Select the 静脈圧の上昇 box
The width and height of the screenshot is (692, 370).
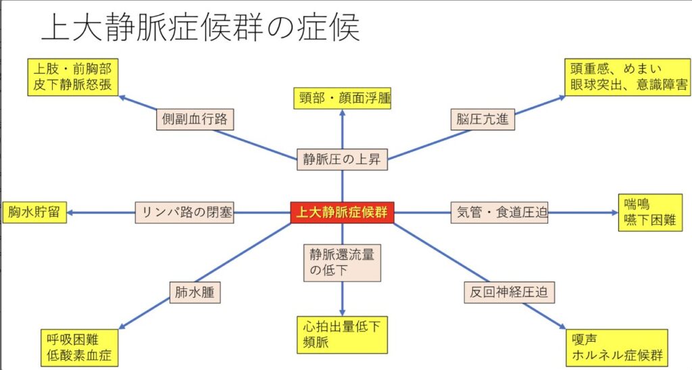click(342, 159)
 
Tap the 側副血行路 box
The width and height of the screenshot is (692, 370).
click(195, 120)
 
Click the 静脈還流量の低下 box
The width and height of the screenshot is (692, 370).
click(342, 262)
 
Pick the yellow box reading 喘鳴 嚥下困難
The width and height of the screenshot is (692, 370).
click(651, 212)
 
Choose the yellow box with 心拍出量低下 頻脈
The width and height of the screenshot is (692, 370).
click(342, 335)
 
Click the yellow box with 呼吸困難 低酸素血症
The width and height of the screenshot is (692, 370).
click(75, 346)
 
